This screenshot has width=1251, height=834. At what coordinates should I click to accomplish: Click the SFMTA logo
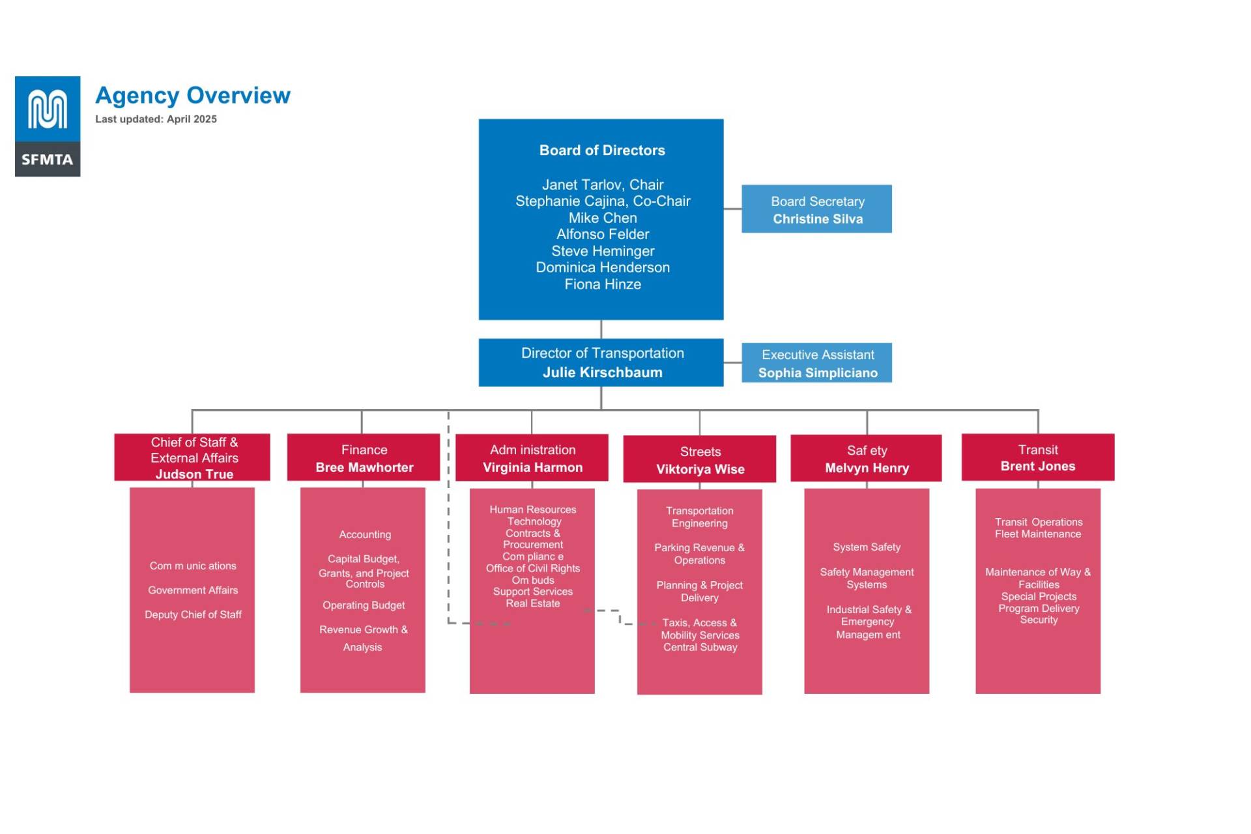coord(48,126)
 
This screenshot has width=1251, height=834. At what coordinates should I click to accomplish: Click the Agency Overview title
coord(193,95)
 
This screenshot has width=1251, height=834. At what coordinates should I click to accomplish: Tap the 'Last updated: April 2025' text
coord(156,119)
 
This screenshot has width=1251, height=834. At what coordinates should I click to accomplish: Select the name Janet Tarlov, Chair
coord(602,184)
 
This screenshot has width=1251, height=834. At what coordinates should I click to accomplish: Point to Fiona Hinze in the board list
coord(602,284)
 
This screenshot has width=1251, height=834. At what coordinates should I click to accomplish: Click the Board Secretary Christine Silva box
coord(816,209)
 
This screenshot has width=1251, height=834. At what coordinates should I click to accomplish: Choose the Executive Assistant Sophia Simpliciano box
coord(816,363)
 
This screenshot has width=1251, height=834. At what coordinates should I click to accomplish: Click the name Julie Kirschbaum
coord(602,373)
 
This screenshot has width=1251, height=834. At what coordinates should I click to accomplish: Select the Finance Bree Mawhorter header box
coord(364,457)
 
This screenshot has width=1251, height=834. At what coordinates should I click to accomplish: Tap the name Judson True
coord(194,474)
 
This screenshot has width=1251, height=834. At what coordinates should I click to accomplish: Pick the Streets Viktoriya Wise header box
coord(699,459)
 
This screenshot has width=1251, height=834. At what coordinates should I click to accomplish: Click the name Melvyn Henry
coord(867,468)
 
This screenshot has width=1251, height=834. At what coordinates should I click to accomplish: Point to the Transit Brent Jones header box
coord(1037,457)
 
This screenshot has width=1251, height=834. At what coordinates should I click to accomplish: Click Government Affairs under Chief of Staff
coord(193,590)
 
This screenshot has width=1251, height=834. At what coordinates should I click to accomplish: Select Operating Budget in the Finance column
coord(364,605)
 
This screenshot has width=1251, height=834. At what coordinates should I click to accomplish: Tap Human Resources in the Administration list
coord(532,510)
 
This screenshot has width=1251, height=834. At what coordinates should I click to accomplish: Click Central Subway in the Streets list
coord(700,648)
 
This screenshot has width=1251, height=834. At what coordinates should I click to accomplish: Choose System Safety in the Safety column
coord(867,547)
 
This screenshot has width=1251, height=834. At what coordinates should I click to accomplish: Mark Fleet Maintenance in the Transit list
coord(1037,534)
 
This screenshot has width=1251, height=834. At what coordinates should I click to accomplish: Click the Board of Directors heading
coord(602,151)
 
